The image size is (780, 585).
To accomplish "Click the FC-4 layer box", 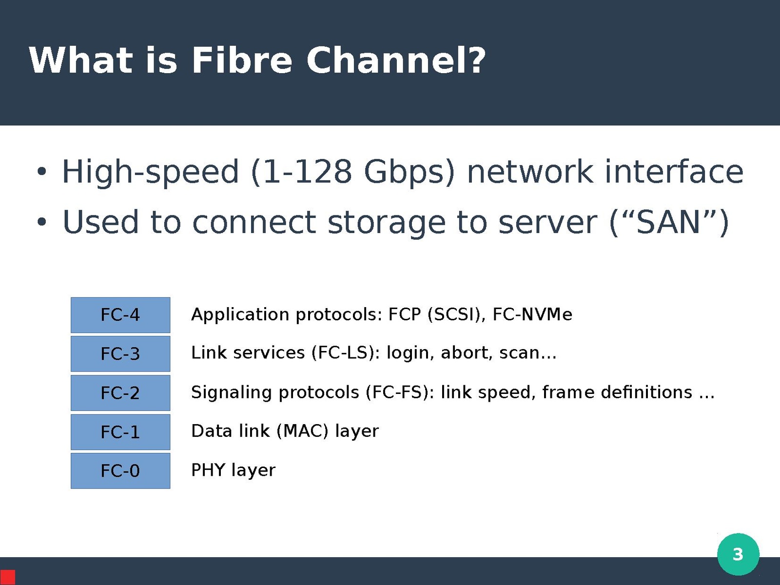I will click(120, 315).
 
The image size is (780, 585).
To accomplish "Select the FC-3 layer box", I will click(120, 354).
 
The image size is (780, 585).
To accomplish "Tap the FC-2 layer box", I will click(120, 393).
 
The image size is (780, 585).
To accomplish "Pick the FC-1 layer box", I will click(120, 432).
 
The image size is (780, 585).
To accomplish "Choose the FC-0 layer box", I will click(120, 471).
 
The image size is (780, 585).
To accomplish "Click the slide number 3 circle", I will click(738, 554).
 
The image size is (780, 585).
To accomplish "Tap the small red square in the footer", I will click(8, 577).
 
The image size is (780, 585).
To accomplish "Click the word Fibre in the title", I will click(242, 60).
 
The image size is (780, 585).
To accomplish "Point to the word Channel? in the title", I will click(396, 60).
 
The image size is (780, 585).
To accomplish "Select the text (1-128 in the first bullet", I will click(301, 172).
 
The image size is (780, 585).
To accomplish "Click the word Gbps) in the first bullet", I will click(409, 172).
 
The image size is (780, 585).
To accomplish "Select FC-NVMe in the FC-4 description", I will click(532, 315).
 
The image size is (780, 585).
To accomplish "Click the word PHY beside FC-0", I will click(208, 470).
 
